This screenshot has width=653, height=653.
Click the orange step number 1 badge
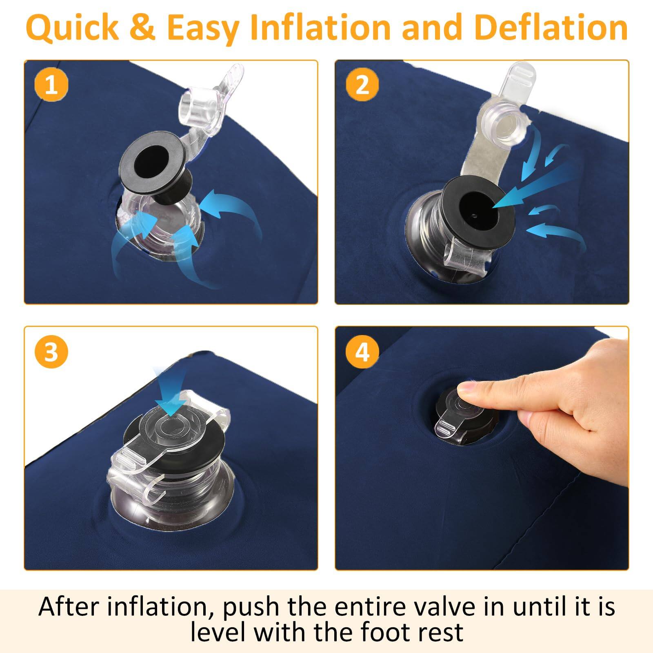click(51, 86)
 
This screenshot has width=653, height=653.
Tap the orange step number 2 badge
click(362, 85)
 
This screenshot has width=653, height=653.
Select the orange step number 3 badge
click(51, 351)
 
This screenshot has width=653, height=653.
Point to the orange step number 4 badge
click(362, 351)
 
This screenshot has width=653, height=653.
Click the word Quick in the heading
click(72, 28)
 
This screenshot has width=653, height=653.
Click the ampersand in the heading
click(143, 28)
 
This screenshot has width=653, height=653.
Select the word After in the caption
click(68, 606)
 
